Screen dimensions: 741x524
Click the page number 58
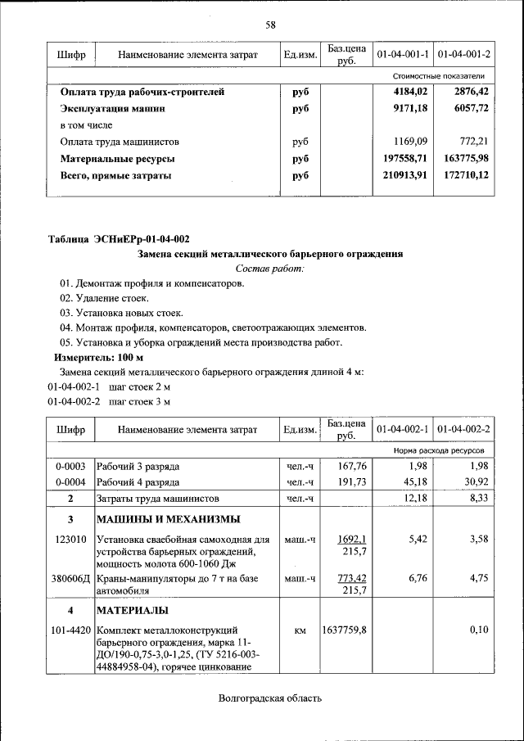[269, 25]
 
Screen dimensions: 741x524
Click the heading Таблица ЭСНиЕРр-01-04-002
[119, 239]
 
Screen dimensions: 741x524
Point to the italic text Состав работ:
[269, 269]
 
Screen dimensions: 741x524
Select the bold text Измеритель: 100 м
[98, 358]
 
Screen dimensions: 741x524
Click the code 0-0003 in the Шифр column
[71, 466]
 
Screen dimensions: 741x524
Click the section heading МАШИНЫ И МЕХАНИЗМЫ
[169, 519]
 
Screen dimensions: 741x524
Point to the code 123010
[71, 540]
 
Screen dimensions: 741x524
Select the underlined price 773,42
[353, 578]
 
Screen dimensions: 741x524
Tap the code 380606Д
[71, 578]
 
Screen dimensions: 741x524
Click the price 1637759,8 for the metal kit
[345, 630]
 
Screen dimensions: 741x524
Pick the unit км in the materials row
[300, 630]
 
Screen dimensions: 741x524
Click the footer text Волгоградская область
[270, 698]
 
